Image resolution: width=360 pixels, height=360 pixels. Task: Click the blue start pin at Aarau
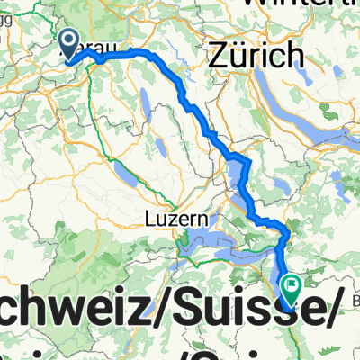[x=69, y=41]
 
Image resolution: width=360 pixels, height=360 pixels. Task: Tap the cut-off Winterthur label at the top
[x=297, y=7]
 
